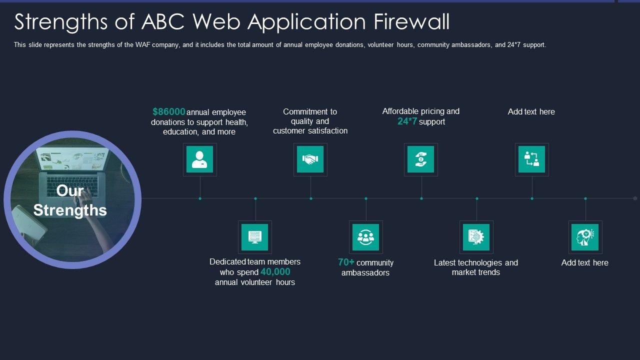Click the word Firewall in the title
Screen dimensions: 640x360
point(411,22)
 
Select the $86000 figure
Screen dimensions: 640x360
point(169,111)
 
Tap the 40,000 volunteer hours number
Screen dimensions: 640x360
point(275,271)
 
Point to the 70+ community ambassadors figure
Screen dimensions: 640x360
point(346,262)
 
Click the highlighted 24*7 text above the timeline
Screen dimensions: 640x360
point(407,121)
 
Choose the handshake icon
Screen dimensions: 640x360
point(310,159)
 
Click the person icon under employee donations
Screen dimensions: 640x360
point(199,159)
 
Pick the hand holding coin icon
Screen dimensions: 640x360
point(421,159)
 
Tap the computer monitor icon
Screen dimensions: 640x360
point(255,237)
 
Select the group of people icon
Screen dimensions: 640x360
point(365,237)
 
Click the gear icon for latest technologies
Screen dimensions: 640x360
point(476,237)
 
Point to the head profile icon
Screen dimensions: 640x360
point(585,237)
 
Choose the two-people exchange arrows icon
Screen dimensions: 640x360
point(531,159)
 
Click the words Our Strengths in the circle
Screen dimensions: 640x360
point(70,200)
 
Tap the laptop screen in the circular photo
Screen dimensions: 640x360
point(73,158)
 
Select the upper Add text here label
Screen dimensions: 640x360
point(531,111)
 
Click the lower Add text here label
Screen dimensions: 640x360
point(585,262)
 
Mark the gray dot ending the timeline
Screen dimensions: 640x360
point(635,198)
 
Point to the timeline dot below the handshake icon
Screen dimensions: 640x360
point(311,198)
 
